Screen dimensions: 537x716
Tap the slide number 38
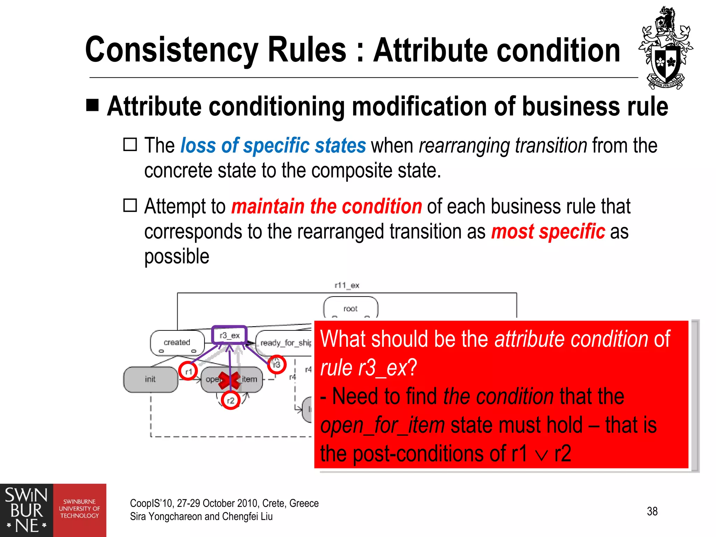(x=652, y=511)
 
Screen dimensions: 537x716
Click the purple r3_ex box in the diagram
(x=229, y=335)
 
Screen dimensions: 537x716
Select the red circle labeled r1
(x=188, y=371)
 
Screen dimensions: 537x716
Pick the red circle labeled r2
(x=230, y=400)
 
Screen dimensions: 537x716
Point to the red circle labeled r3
(x=277, y=365)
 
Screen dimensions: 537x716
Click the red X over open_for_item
(x=229, y=380)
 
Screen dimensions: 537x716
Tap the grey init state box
(x=150, y=379)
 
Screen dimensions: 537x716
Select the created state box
(x=177, y=342)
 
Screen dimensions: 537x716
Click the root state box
(x=350, y=308)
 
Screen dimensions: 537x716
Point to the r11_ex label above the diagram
(x=347, y=285)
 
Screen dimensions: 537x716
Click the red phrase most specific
(x=547, y=231)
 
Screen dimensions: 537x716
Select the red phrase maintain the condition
(x=327, y=206)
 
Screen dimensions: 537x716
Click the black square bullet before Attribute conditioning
(x=93, y=105)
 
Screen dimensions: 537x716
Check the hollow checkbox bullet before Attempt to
(x=130, y=205)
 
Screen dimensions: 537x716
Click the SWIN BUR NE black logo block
(x=26, y=510)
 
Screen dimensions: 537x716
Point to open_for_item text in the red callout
(x=382, y=425)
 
